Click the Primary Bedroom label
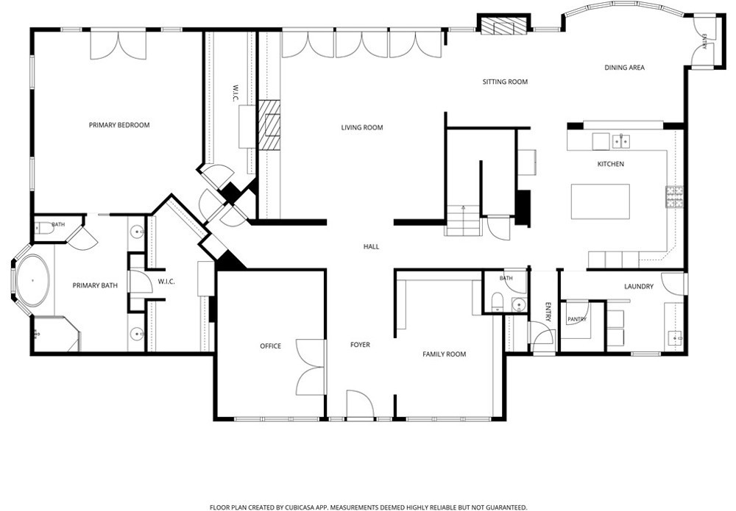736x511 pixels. click(119, 125)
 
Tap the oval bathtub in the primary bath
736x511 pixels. click(32, 280)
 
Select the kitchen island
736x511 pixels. click(601, 201)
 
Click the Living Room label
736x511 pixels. click(362, 127)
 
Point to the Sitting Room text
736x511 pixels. click(505, 82)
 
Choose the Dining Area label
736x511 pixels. click(624, 68)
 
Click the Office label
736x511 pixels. click(270, 346)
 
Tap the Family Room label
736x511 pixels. click(444, 354)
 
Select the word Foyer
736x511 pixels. click(360, 345)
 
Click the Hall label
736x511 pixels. click(371, 246)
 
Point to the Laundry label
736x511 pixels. click(638, 287)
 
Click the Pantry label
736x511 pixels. click(577, 319)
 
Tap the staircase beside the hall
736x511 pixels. click(463, 221)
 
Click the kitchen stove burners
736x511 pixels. click(673, 197)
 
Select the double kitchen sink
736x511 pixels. click(621, 140)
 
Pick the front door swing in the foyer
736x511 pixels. click(360, 403)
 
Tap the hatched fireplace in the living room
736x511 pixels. click(269, 125)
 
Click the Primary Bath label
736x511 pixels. click(95, 285)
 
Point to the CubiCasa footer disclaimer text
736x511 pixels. click(369, 507)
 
